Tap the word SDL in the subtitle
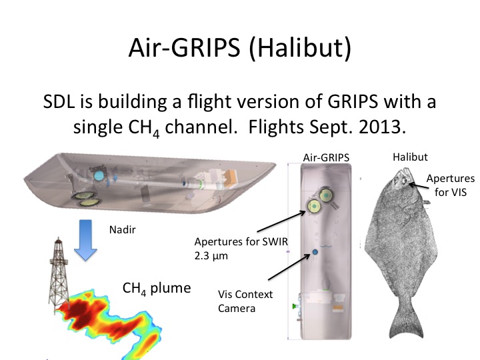(x=59, y=101)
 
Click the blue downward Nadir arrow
(x=85, y=240)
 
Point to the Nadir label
(x=123, y=229)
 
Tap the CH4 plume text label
(x=157, y=289)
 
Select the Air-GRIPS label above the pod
(x=326, y=157)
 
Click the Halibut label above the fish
(x=410, y=157)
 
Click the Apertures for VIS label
(x=450, y=185)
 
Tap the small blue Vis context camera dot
(x=315, y=252)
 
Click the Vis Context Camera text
(x=245, y=301)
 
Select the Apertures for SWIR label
(x=241, y=248)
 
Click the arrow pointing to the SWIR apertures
(x=281, y=221)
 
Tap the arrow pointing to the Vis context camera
(x=289, y=267)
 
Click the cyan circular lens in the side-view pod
(x=99, y=175)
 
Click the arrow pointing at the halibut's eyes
(x=419, y=185)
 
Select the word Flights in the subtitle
(x=277, y=127)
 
